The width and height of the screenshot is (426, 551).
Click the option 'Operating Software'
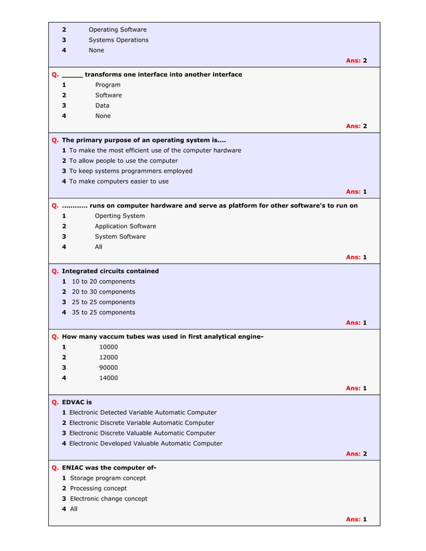pyautogui.click(x=118, y=29)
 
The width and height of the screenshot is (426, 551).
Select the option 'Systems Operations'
pyautogui.click(x=118, y=40)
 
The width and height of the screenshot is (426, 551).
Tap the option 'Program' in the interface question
pyautogui.click(x=108, y=85)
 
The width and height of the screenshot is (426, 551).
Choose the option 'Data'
pyautogui.click(x=102, y=105)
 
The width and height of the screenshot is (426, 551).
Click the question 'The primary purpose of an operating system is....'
pyautogui.click(x=144, y=140)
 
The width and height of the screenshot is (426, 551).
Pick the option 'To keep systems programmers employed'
pyautogui.click(x=130, y=171)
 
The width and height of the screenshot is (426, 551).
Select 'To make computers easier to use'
pyautogui.click(x=119, y=181)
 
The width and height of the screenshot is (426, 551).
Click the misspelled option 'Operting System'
pyautogui.click(x=120, y=216)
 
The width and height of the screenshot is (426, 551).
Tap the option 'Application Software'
pyautogui.click(x=125, y=226)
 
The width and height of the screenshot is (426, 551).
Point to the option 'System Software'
pyautogui.click(x=120, y=237)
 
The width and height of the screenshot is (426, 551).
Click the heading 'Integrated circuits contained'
pyautogui.click(x=110, y=271)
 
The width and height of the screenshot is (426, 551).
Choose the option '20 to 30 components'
pyautogui.click(x=103, y=292)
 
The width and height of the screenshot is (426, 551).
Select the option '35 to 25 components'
pyautogui.click(x=103, y=312)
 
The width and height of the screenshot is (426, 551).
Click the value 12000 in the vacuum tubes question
pyautogui.click(x=108, y=358)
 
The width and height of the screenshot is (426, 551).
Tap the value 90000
pyautogui.click(x=108, y=368)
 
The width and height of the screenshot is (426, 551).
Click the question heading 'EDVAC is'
pyautogui.click(x=77, y=402)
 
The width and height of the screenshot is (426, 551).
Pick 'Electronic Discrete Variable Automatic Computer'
pyautogui.click(x=142, y=423)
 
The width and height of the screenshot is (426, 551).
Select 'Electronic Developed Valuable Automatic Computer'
pyautogui.click(x=146, y=444)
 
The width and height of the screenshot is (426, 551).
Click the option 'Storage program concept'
pyautogui.click(x=108, y=478)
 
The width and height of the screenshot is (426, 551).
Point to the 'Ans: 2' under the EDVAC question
pyautogui.click(x=356, y=454)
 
